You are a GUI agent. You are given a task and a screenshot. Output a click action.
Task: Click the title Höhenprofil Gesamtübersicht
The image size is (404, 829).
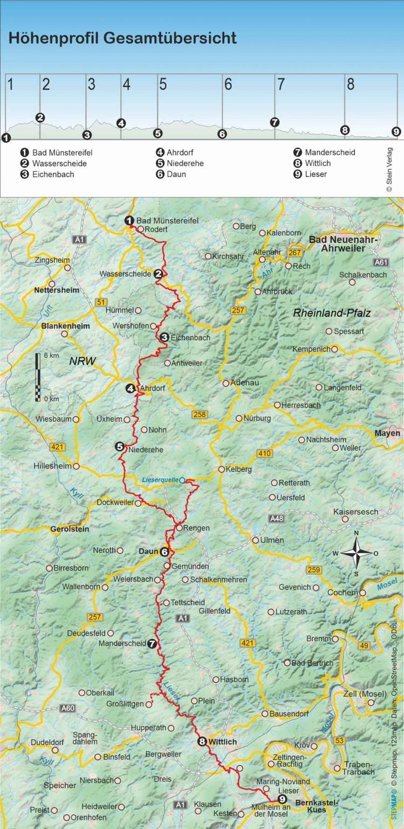tap(122, 38)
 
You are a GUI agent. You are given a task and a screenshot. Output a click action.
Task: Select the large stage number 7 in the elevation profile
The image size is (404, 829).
tap(280, 85)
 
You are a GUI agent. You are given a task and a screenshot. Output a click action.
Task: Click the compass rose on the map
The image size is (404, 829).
tap(356, 553)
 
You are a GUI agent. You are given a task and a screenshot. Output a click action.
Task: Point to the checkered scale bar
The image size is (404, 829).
tap(38, 377)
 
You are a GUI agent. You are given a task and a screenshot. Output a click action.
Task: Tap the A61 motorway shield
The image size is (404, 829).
tap(380, 262)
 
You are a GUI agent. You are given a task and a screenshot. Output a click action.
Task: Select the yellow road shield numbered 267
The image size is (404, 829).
tap(295, 253)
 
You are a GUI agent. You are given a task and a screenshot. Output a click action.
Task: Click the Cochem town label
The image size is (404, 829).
tap(343, 592)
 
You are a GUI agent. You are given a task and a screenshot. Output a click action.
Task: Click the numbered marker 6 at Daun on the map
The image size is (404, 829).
tap(165, 552)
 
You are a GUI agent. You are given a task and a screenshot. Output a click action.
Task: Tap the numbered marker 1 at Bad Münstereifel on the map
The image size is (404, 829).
tap(129, 220)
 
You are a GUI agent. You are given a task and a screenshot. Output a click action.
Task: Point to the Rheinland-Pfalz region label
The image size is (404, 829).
tap(332, 313)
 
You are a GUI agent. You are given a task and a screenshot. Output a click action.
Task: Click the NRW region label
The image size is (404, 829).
tap(82, 363)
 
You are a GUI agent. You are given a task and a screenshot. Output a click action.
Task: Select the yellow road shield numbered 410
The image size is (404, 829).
tap(264, 453)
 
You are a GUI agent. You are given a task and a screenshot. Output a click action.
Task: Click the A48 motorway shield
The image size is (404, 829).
tap(276, 519)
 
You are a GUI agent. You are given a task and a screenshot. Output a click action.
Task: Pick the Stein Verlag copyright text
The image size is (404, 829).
tap(389, 169)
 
